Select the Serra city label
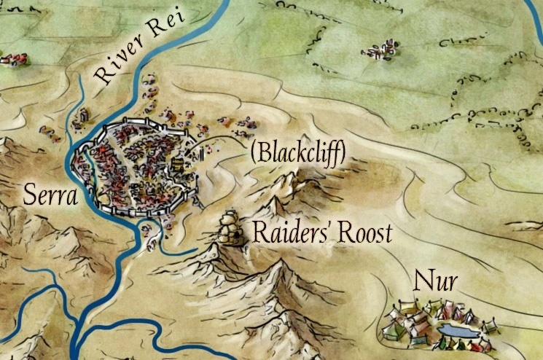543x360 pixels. click(50, 194)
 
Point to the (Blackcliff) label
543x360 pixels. click(297, 153)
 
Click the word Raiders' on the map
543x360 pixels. click(288, 232)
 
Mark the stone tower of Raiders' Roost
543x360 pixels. click(231, 228)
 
